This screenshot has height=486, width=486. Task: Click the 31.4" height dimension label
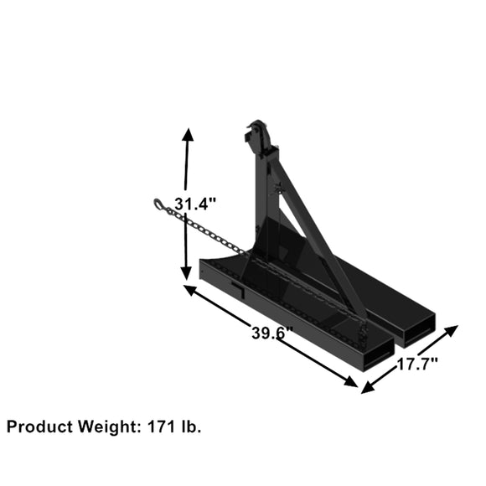point(196,203)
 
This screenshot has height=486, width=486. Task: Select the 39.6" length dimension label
point(271,332)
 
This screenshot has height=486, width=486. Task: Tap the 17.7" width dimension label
point(415,364)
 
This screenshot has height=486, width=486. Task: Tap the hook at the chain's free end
point(160,204)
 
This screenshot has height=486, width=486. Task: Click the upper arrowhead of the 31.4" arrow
point(187,136)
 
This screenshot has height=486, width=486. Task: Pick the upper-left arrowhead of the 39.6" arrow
point(189,289)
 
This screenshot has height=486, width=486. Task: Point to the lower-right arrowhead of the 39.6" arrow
point(352,382)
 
